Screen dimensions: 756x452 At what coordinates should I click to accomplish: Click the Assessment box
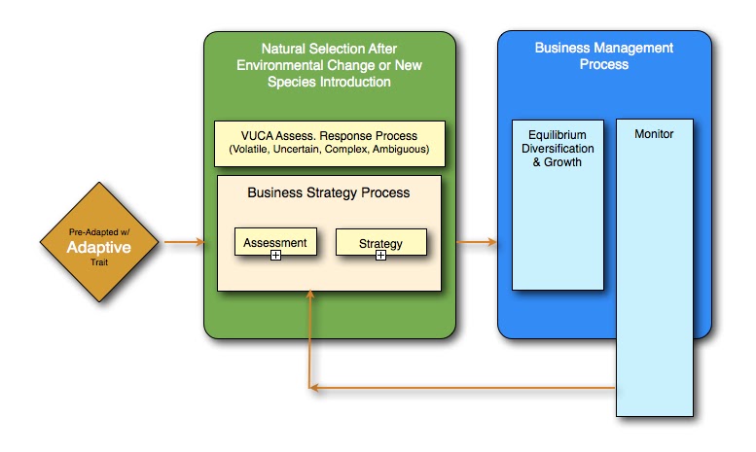click(275, 241)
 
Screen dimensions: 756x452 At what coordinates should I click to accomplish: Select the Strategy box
click(380, 242)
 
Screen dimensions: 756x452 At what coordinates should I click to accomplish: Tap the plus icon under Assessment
click(275, 255)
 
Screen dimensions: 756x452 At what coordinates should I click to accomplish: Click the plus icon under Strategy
click(380, 255)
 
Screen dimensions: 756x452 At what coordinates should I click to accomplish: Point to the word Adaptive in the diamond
click(99, 247)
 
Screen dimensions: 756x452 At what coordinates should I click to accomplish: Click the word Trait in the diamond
click(99, 262)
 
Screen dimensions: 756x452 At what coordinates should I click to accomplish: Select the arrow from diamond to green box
click(184, 242)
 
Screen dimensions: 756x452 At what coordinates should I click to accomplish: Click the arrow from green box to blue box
click(477, 241)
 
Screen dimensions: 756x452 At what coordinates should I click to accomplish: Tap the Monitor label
click(654, 134)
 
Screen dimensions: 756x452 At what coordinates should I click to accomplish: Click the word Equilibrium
click(558, 135)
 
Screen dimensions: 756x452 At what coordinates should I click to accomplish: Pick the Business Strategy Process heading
click(328, 192)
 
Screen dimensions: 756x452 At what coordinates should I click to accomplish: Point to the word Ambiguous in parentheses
click(401, 150)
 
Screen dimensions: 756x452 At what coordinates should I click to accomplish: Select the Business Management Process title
click(603, 56)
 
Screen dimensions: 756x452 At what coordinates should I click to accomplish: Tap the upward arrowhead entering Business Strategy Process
click(310, 295)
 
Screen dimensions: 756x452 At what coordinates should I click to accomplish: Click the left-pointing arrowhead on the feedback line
click(314, 388)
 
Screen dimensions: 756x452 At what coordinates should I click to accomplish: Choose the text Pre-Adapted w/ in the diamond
click(99, 232)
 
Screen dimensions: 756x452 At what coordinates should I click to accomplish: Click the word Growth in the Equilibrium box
click(562, 162)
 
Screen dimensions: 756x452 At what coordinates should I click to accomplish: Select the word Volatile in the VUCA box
click(250, 150)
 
